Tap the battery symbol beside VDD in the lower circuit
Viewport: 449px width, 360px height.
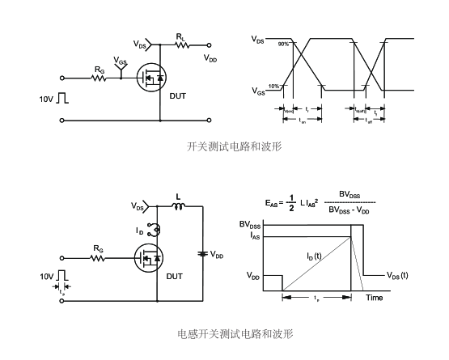(x=202, y=254)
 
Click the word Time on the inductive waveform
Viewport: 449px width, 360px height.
(x=374, y=298)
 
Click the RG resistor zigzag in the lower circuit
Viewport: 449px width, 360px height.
(x=98, y=260)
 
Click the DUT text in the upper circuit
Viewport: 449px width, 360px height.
(x=178, y=95)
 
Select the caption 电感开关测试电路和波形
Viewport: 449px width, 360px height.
(x=235, y=332)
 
